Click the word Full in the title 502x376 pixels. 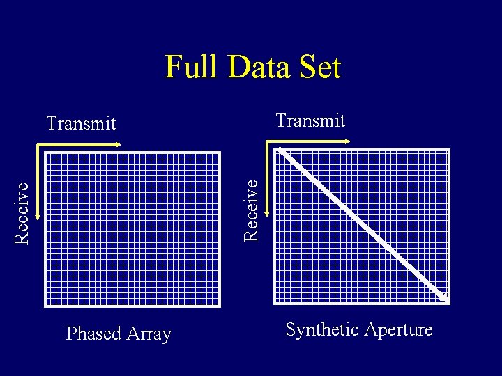pos(189,68)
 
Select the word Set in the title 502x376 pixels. pos(319,68)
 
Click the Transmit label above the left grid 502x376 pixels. pos(81,123)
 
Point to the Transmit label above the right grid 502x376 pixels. pos(310,120)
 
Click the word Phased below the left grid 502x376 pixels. pos(93,334)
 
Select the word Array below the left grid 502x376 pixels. pos(148,334)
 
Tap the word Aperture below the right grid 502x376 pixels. pos(399,329)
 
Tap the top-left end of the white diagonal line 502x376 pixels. pos(279,150)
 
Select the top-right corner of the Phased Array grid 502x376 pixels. pos(220,152)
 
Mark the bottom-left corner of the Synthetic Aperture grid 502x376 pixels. pos(275,304)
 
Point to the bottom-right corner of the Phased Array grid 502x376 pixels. pos(220,306)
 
